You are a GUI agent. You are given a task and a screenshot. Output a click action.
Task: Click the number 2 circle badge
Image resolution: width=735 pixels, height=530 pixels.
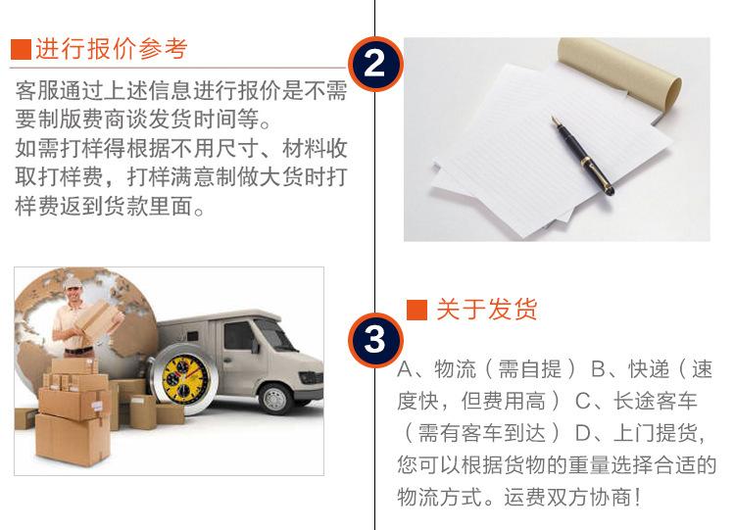(x=375, y=64)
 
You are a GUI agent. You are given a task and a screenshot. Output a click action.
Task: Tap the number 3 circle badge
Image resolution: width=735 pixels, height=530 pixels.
(x=375, y=340)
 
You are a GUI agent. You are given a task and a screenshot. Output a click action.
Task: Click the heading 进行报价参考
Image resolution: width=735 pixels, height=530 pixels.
(x=112, y=49)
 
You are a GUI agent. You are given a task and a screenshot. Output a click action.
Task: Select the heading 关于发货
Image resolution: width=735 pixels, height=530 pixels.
(x=486, y=310)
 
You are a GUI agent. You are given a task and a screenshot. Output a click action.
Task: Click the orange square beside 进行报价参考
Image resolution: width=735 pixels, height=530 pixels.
(x=22, y=49)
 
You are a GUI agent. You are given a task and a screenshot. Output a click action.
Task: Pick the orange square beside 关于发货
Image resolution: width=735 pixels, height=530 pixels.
(x=416, y=310)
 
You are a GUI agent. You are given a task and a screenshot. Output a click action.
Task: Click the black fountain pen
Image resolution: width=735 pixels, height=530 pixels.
(x=583, y=156)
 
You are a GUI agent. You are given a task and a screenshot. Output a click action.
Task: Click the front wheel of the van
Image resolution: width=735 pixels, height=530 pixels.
(x=275, y=399)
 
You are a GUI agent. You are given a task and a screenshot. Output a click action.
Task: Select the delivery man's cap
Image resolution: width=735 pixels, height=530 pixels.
(x=73, y=281)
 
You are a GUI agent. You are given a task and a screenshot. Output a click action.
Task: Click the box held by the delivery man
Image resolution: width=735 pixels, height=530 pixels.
(x=97, y=319)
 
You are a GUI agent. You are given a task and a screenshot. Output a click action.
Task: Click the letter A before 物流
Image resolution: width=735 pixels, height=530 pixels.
(x=405, y=369)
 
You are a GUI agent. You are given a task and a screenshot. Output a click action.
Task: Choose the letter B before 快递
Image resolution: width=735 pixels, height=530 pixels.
(x=599, y=369)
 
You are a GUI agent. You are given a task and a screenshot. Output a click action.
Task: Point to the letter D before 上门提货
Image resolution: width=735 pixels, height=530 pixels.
(x=583, y=433)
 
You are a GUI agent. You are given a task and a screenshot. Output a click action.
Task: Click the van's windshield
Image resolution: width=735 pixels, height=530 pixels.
(x=274, y=333)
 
